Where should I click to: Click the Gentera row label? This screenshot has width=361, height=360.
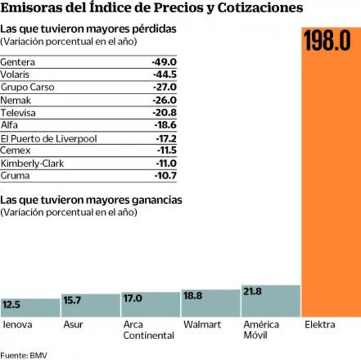pos(18,62)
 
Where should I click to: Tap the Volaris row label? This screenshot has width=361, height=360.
pos(15,74)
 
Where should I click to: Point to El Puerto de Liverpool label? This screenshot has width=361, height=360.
pos(49,138)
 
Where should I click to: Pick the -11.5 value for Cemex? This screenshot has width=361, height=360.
pos(166,150)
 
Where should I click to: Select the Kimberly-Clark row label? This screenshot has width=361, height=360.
pos(32,163)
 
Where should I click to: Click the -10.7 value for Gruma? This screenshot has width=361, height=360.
pos(166,175)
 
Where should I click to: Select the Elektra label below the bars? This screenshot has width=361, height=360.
pos(320,325)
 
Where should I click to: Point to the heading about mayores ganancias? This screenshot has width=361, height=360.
pos(91,200)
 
